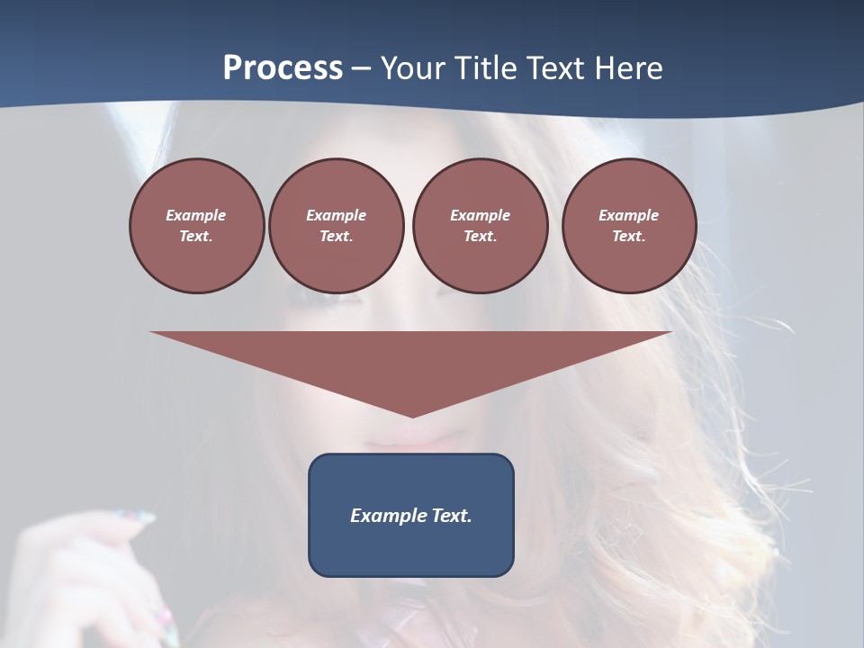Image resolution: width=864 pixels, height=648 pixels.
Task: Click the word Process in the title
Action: coord(283,68)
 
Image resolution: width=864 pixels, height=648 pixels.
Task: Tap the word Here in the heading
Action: coord(629,68)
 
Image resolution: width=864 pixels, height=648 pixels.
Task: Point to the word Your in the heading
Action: coord(414,68)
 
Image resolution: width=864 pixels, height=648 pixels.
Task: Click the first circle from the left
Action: coord(196,226)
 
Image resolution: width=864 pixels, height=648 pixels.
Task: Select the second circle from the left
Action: coord(336,226)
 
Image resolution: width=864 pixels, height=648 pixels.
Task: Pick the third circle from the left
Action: coord(480,226)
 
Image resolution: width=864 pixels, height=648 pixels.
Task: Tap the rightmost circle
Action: coord(628,226)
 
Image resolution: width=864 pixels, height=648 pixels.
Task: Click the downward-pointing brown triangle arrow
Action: coord(411,360)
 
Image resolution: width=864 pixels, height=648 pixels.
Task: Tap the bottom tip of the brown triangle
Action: coord(412,415)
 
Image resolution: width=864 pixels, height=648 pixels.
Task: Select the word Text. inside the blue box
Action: coord(451,516)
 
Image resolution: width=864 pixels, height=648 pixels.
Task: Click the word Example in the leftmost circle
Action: coord(196,215)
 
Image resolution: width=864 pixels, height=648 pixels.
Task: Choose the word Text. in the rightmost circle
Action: coord(628,237)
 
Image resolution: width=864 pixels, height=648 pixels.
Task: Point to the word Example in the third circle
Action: coord(480,215)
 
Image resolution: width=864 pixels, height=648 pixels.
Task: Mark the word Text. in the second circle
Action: coord(336,237)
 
